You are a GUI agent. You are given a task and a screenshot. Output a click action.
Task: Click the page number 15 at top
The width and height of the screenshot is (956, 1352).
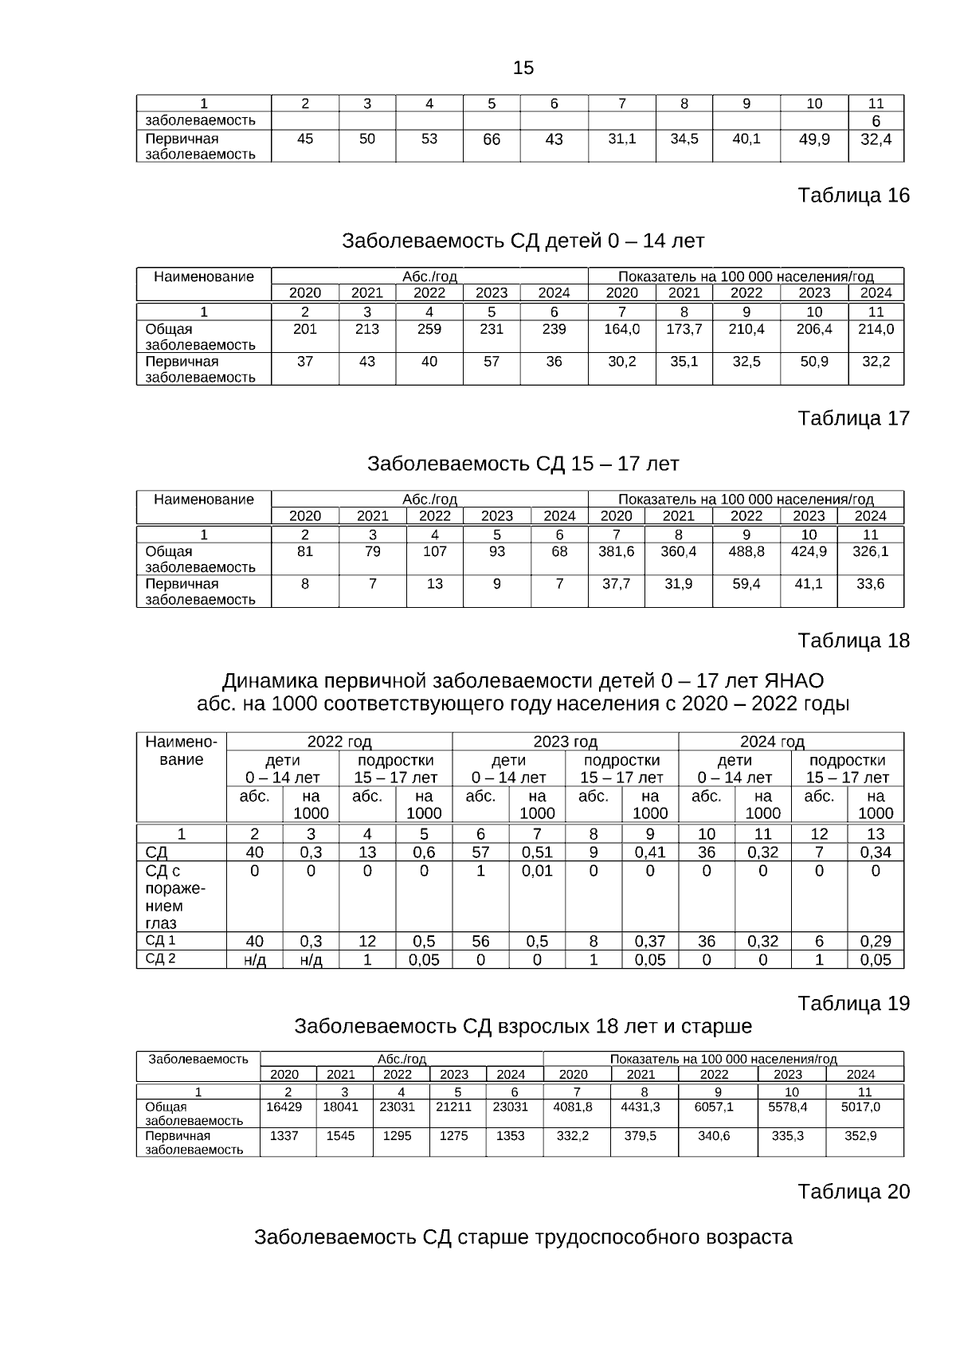523,68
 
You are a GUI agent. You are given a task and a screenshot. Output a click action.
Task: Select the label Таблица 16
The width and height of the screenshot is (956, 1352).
853,195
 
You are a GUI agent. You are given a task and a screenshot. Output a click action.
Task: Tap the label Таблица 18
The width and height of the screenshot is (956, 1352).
853,641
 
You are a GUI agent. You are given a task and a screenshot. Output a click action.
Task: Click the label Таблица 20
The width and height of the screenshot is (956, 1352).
853,1192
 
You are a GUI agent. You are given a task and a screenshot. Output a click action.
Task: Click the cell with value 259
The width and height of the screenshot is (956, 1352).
429,329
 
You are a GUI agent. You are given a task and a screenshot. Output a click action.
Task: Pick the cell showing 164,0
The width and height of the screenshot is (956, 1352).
621,329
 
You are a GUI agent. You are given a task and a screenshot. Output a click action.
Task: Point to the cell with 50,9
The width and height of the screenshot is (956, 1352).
814,361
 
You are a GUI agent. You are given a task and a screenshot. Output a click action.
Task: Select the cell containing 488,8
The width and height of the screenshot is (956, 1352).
746,551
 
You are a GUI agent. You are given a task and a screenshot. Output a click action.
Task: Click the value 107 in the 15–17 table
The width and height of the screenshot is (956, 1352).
434,551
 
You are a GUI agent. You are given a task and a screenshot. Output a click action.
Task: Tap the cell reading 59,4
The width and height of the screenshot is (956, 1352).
746,583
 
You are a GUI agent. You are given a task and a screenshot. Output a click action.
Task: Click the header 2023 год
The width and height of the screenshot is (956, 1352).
565,742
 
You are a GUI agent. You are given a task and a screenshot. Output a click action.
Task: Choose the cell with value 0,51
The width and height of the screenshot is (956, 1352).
537,852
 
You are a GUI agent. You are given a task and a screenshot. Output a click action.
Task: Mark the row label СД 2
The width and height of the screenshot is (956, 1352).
160,958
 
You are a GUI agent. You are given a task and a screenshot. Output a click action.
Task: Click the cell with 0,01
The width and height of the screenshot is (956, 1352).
537,871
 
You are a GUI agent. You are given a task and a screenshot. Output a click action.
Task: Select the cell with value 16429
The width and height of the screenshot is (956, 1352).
284,1107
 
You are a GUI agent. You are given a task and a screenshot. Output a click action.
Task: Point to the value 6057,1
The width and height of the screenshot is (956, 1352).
714,1107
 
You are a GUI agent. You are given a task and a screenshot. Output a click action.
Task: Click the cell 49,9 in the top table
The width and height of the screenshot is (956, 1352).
814,139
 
